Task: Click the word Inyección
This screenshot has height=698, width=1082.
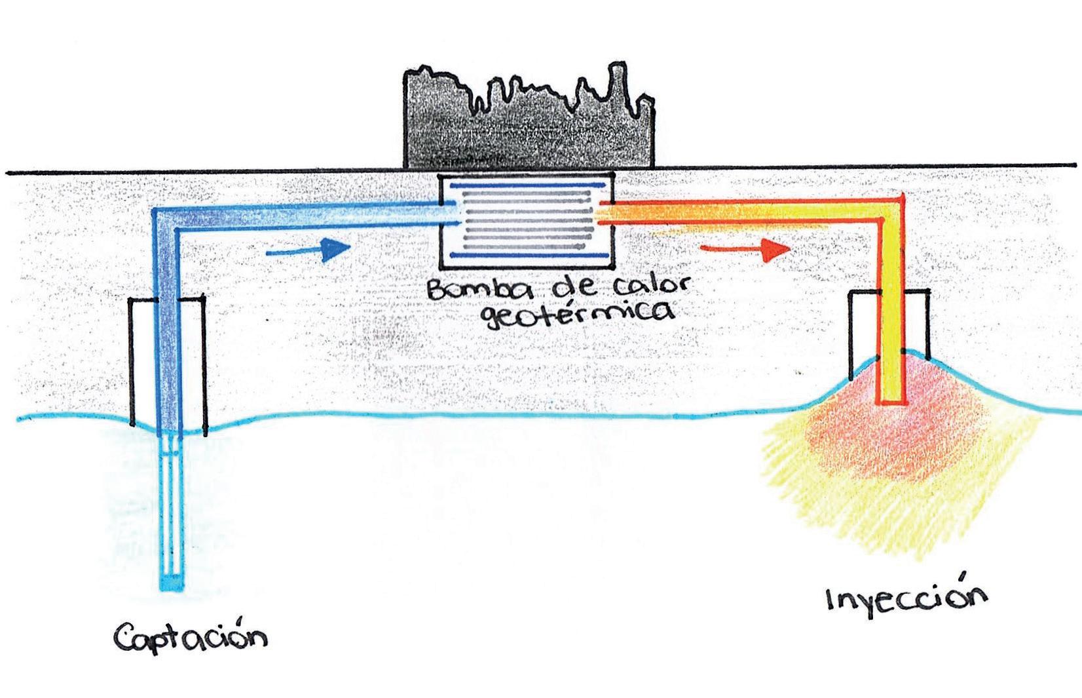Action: pyautogui.click(x=906, y=598)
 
